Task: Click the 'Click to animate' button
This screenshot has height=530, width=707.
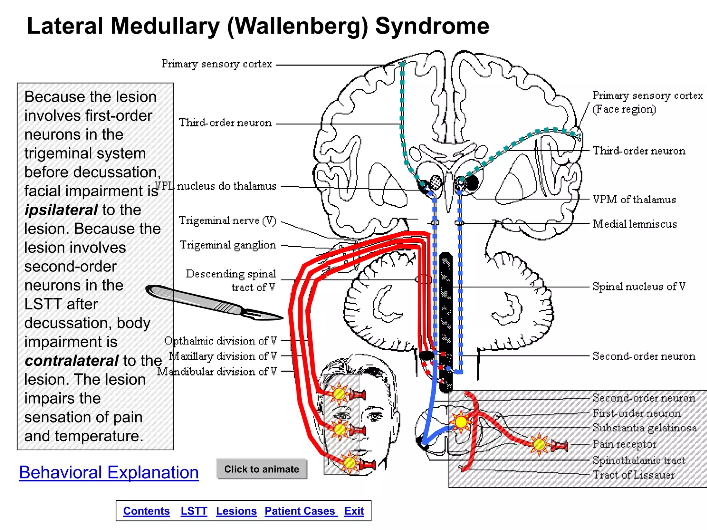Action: [x=261, y=469]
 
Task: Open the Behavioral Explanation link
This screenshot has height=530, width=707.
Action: [x=109, y=472]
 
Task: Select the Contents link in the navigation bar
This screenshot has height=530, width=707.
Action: [x=146, y=511]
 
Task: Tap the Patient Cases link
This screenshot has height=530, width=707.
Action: [x=301, y=511]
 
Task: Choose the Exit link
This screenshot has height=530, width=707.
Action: [x=354, y=511]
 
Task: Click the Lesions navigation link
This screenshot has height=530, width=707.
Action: [x=236, y=511]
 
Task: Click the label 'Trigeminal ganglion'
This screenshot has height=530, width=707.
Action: [x=228, y=245]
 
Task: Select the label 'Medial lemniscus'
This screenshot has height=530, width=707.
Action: [x=635, y=224]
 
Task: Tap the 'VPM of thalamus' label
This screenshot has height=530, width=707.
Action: [x=634, y=199]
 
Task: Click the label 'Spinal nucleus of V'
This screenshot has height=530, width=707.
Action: [x=639, y=286]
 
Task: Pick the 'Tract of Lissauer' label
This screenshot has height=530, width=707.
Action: [x=633, y=475]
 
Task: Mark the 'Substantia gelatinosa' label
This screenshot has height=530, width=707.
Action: [x=645, y=428]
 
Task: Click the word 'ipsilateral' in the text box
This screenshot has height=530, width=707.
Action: [x=61, y=210]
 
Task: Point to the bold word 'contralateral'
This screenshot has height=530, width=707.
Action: [x=72, y=361]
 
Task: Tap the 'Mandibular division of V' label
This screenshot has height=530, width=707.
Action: [x=217, y=372]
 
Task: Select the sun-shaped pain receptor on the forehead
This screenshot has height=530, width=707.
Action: [x=339, y=393]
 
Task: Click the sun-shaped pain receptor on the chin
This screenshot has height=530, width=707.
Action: [x=349, y=462]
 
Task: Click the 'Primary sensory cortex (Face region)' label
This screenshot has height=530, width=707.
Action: [x=647, y=102]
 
